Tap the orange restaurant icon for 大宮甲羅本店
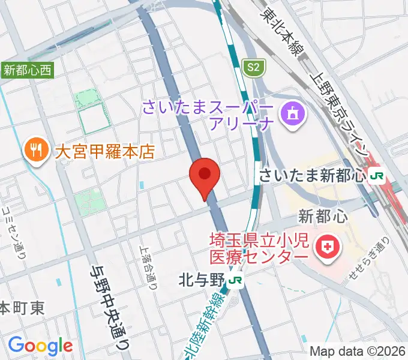click(x=37, y=149)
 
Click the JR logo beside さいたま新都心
click(x=377, y=176)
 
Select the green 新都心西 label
click(x=27, y=70)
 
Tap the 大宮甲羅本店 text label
click(x=105, y=150)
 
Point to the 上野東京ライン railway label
click(x=340, y=114)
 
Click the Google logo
click(x=40, y=346)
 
